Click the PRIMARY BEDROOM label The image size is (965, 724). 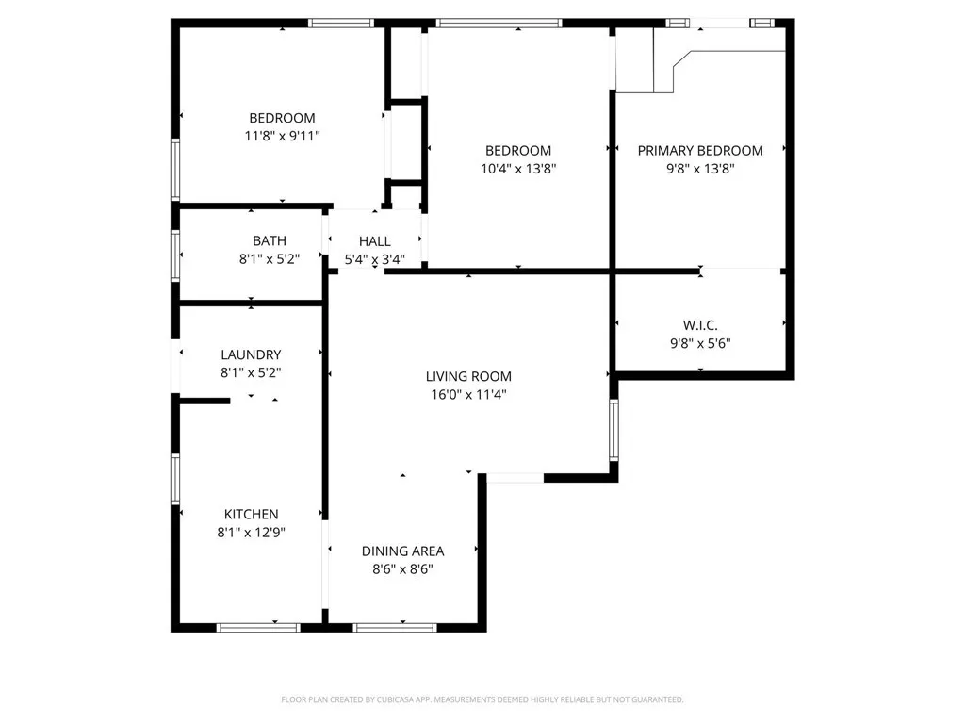tap(700, 151)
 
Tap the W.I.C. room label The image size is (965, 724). tap(700, 325)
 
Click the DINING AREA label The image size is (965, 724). tap(402, 551)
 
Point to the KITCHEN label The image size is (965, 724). tap(251, 514)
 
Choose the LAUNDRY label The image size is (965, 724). tap(251, 354)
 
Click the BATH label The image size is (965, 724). tap(269, 241)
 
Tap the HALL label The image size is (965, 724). tap(374, 241)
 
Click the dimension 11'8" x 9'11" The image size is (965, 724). tap(282, 136)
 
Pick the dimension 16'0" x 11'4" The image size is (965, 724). tap(467, 395)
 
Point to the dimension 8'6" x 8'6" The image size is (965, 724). tap(402, 569)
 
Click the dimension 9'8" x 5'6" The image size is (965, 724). tap(700, 343)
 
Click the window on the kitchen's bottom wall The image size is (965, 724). tap(258, 627)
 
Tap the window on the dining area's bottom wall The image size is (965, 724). tap(395, 627)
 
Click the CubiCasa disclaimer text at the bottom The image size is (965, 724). tap(482, 699)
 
